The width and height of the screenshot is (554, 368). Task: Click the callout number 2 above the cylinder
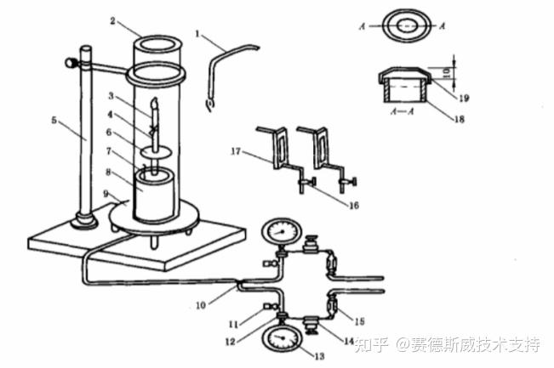tap(112, 20)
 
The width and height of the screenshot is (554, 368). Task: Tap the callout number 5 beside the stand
tap(54, 121)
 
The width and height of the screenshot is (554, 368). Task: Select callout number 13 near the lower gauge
tap(318, 356)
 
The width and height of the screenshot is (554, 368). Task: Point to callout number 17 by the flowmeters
tap(236, 151)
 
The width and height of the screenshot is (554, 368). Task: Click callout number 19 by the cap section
tap(464, 98)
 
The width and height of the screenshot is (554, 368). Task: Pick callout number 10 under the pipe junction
tap(201, 305)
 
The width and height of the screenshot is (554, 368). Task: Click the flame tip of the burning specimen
tap(154, 103)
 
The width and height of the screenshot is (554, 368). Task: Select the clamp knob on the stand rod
tap(70, 63)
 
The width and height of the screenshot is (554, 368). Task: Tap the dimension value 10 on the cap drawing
tap(447, 73)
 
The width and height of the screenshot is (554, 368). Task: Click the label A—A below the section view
tap(402, 111)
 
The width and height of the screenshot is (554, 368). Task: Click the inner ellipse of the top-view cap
tap(407, 26)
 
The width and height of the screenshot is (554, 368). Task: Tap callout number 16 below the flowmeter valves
tap(354, 206)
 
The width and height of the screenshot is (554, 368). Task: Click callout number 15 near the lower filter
tap(359, 321)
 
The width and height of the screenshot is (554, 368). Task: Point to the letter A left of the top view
tap(362, 26)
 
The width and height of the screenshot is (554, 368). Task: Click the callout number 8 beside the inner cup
tap(108, 173)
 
